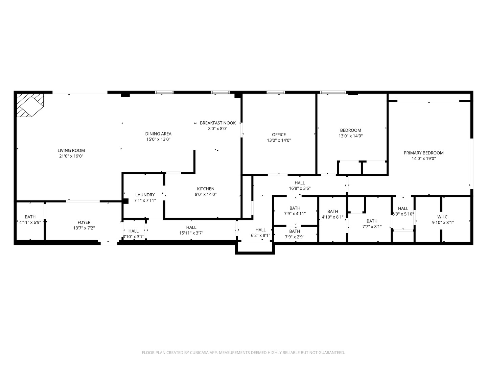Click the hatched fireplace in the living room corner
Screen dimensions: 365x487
click(x=30, y=105)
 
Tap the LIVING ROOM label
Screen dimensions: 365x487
click(x=71, y=150)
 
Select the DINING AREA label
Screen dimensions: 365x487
click(x=158, y=133)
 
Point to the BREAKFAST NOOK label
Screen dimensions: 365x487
click(x=217, y=123)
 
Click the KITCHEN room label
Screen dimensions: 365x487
click(x=206, y=189)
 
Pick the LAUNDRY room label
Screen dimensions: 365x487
click(x=145, y=195)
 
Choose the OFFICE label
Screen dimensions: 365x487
click(x=279, y=135)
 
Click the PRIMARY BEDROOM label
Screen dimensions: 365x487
click(x=423, y=153)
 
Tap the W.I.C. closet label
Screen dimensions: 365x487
click(x=443, y=217)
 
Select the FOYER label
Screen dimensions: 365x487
click(x=84, y=222)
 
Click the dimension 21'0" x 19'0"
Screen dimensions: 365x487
click(x=71, y=156)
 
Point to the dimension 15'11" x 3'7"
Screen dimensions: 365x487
click(x=191, y=233)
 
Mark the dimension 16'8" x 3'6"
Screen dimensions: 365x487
click(x=300, y=189)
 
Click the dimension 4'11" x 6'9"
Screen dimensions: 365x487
click(x=30, y=222)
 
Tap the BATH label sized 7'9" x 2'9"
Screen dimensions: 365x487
click(x=295, y=231)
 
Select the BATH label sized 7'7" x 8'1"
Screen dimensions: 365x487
click(x=372, y=221)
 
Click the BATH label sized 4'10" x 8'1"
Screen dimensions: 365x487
click(x=332, y=212)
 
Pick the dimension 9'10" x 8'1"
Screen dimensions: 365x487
click(x=443, y=222)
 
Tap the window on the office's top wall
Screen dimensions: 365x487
click(x=276, y=92)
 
